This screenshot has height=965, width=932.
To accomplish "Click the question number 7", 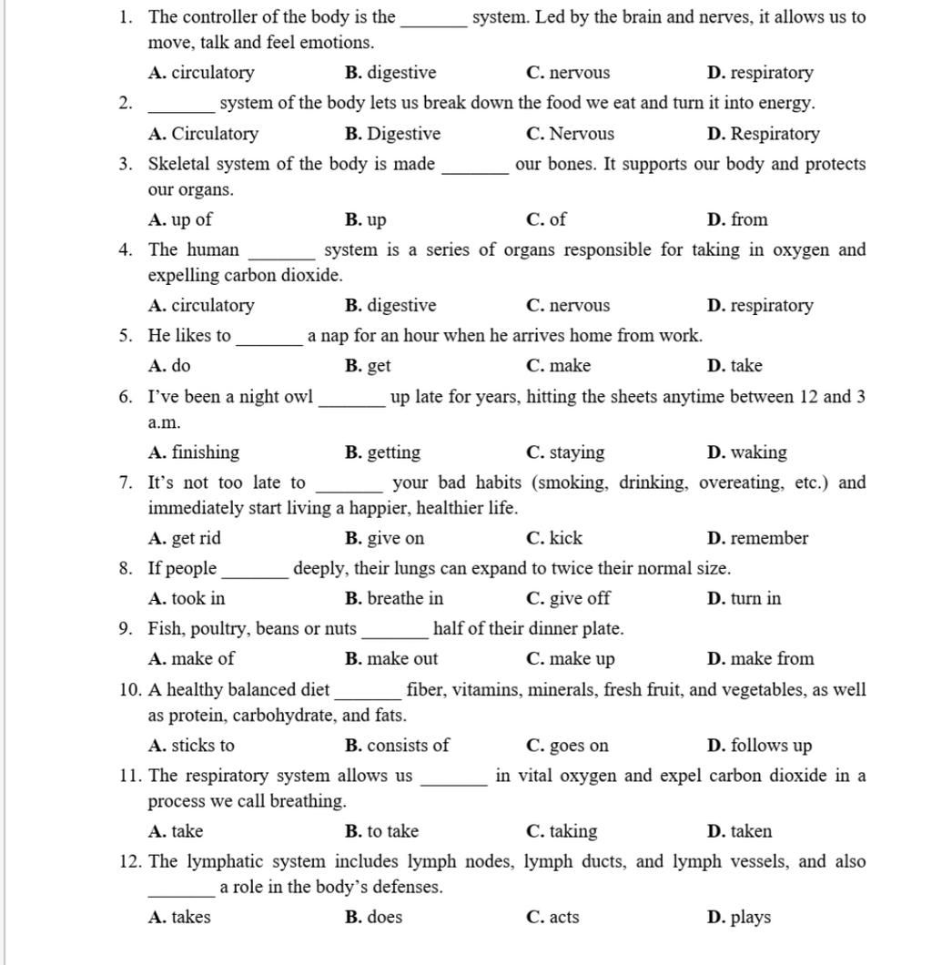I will point(126,482).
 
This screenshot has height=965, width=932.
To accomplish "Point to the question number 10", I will point(129,689).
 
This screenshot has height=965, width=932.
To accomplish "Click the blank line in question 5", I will point(268,342).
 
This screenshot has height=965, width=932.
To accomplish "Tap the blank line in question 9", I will point(394,635).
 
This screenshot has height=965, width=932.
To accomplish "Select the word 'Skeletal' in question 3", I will point(181,164).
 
